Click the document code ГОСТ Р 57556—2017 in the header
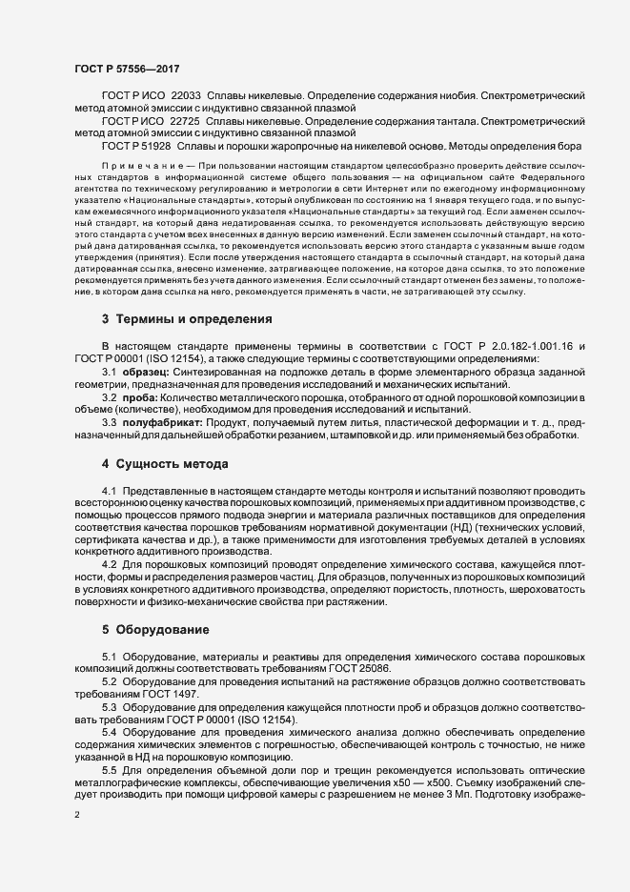click(x=126, y=69)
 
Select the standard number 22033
click(x=186, y=96)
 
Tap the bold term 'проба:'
click(x=138, y=395)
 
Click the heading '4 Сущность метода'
click(x=165, y=464)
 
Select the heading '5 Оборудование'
click(x=151, y=630)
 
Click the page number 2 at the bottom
click(x=77, y=815)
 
